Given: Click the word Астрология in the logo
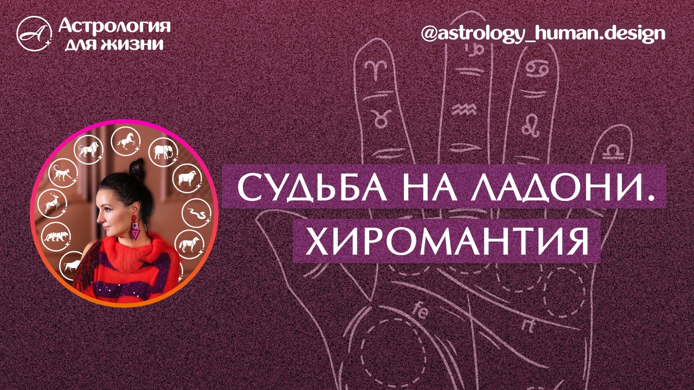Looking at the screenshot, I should (x=114, y=25).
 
